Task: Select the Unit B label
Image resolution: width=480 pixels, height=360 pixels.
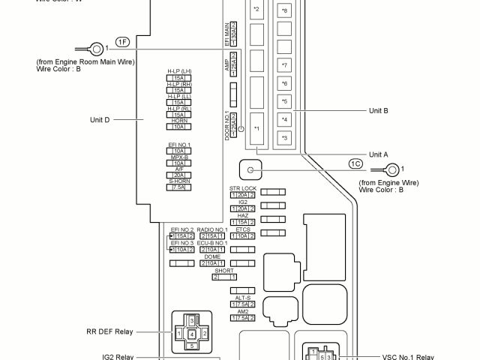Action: tap(378, 110)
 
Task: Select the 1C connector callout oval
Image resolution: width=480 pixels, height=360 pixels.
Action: tap(357, 163)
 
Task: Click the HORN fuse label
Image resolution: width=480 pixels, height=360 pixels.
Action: tap(178, 121)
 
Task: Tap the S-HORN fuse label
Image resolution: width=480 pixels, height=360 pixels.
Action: tap(178, 181)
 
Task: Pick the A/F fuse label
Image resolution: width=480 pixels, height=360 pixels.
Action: tap(179, 169)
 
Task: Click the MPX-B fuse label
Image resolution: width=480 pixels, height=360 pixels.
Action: tap(178, 157)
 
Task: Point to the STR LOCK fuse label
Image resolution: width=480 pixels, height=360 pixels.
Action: tap(243, 188)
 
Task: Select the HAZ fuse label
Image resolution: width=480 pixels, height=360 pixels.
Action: tap(243, 215)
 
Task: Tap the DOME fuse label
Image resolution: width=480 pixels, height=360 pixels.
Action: tap(212, 256)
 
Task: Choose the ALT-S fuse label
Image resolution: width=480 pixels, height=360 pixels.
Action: tap(242, 298)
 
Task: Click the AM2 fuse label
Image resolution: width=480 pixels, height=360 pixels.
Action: tap(242, 311)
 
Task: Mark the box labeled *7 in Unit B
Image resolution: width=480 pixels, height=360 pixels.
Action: tap(284, 65)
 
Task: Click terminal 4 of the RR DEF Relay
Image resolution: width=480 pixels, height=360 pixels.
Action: tap(192, 333)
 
